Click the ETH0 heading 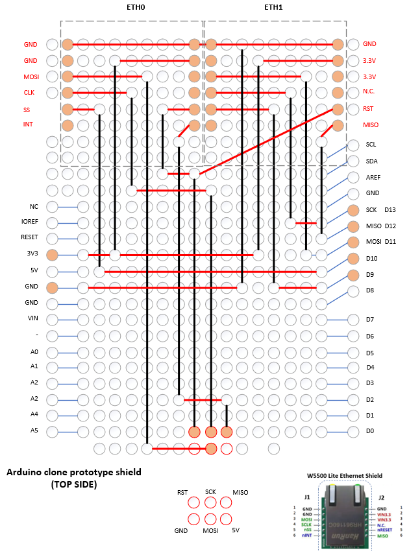click(135, 8)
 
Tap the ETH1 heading click(273, 8)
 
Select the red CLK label click(29, 93)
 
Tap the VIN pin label click(34, 318)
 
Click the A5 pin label click(34, 430)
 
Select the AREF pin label click(372, 177)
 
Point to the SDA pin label click(371, 161)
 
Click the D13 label click(390, 210)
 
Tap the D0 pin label click(370, 431)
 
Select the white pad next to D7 click(353, 320)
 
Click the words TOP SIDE click(73, 484)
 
